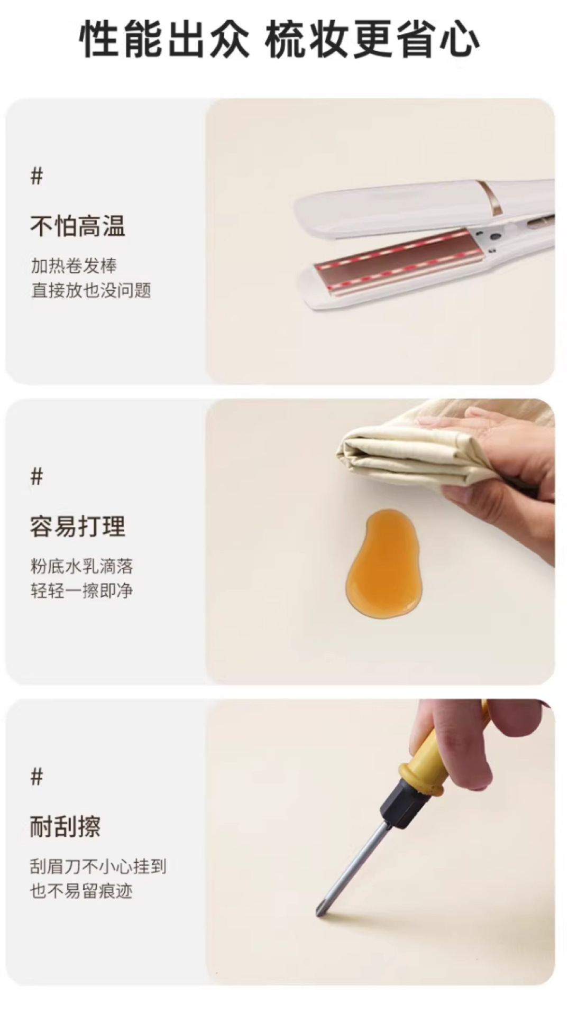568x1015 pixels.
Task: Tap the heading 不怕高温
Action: click(x=77, y=226)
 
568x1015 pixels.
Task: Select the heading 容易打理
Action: click(x=77, y=526)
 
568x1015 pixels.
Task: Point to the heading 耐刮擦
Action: click(x=65, y=826)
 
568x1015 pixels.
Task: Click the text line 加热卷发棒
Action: click(x=74, y=265)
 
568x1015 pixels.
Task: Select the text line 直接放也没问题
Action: click(x=90, y=290)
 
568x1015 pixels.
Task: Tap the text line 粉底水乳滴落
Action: click(x=81, y=566)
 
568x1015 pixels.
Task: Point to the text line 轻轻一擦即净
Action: click(x=81, y=590)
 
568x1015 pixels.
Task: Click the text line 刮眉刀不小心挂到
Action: click(x=98, y=866)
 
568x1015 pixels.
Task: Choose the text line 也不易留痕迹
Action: click(x=81, y=891)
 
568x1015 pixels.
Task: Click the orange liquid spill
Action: click(x=382, y=563)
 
